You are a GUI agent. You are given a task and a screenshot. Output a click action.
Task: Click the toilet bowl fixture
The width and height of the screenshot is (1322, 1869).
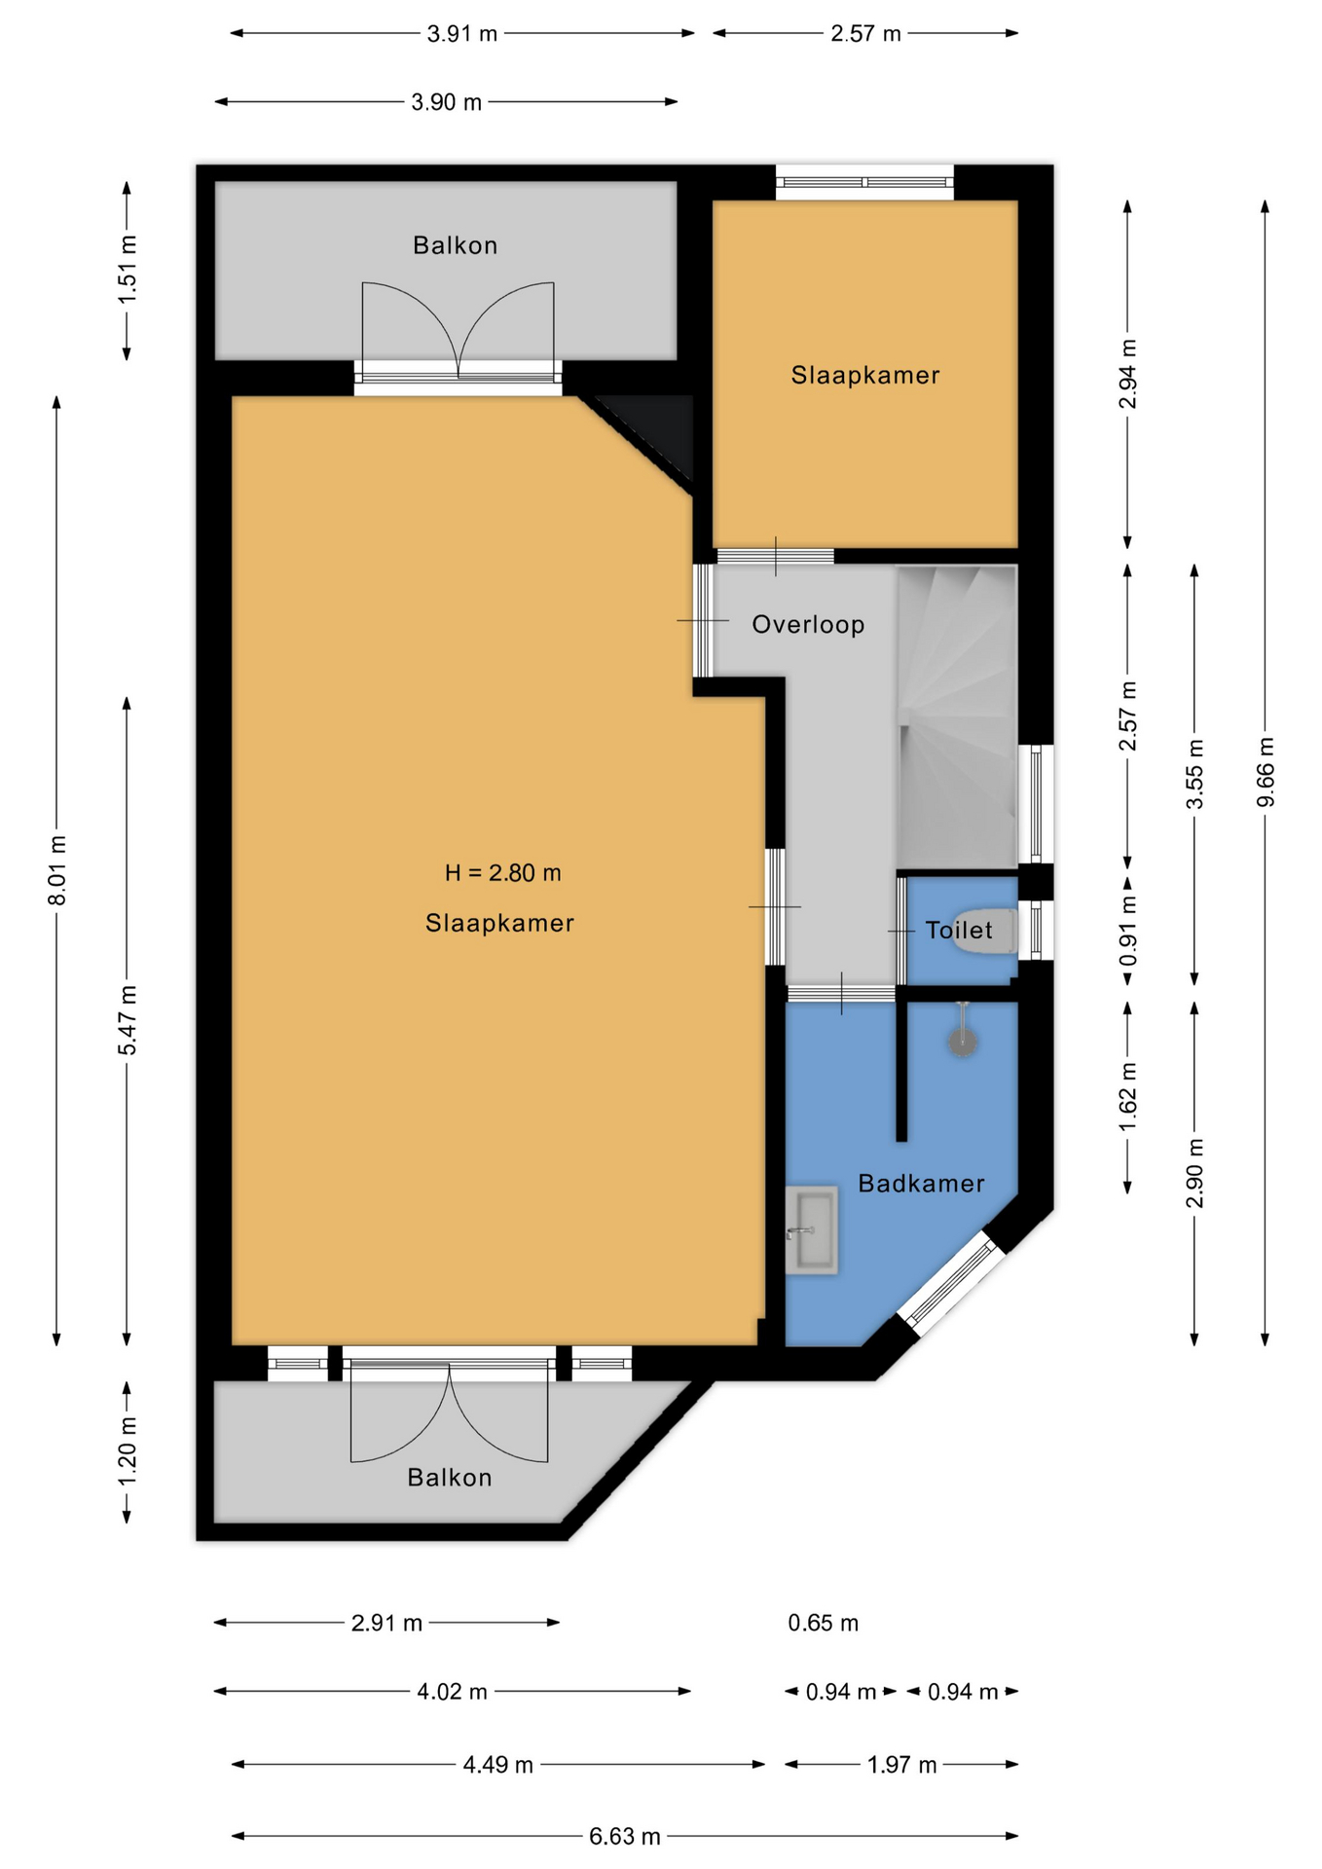click(984, 932)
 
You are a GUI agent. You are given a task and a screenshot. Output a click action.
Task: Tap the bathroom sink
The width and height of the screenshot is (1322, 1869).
click(811, 1230)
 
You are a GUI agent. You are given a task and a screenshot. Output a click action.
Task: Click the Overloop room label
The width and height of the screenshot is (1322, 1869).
click(808, 624)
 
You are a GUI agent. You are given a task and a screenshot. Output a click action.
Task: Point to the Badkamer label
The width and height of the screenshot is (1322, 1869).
click(921, 1183)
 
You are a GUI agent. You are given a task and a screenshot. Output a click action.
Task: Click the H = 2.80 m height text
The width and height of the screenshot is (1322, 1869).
click(502, 872)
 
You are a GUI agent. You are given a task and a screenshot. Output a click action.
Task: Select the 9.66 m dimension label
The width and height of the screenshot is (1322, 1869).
click(1266, 773)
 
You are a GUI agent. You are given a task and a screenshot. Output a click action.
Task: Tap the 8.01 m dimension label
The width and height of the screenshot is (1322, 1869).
click(57, 870)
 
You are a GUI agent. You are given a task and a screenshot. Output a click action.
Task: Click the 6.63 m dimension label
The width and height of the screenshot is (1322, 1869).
click(624, 1836)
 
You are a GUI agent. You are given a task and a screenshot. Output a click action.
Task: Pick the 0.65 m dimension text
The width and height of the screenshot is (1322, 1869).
click(823, 1623)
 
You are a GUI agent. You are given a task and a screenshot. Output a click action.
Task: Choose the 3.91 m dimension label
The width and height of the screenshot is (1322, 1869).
click(461, 33)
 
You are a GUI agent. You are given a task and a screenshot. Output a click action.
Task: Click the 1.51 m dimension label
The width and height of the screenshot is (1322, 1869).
click(127, 270)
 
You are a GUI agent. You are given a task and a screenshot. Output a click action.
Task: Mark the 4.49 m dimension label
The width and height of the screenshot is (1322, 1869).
click(497, 1764)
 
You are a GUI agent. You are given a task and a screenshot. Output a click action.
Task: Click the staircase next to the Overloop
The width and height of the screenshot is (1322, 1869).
click(957, 717)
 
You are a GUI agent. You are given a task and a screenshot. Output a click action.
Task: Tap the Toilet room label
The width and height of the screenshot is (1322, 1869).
click(959, 930)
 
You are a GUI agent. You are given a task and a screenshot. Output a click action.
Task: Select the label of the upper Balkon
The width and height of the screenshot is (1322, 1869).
click(455, 245)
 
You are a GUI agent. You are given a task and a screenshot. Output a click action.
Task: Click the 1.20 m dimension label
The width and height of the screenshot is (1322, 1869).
click(127, 1451)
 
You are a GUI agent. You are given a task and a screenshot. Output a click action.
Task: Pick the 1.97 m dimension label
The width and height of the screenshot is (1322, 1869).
click(901, 1764)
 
